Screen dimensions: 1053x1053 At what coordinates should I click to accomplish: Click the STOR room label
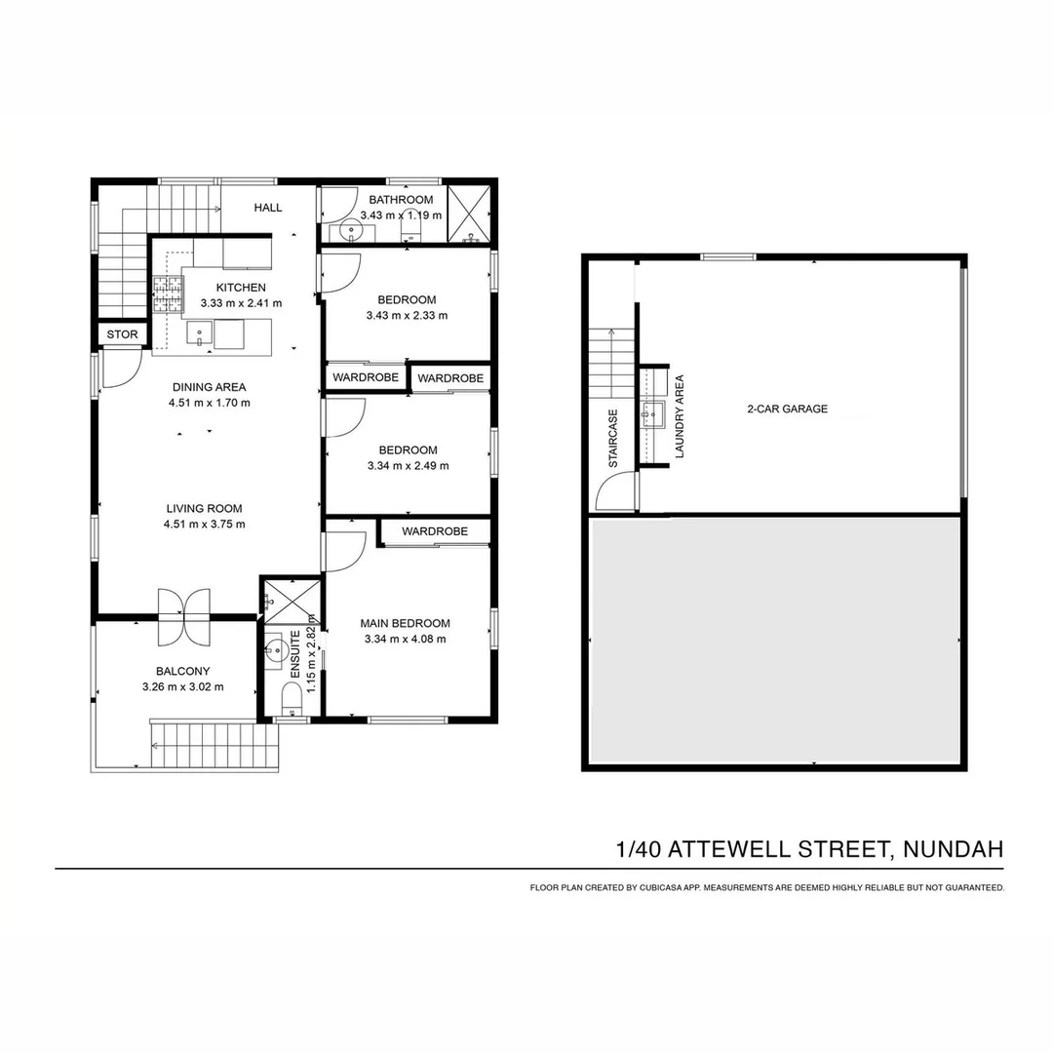pos(123,334)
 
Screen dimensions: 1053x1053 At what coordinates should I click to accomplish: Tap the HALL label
pos(268,208)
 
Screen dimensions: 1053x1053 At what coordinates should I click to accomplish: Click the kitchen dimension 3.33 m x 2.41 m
pos(240,303)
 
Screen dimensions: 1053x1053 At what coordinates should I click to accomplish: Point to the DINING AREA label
pos(210,387)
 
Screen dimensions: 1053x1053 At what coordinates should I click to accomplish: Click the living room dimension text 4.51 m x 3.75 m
pos(205,524)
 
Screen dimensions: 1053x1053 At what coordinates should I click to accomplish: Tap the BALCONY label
pos(182,671)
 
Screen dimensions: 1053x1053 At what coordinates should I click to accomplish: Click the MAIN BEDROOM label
pos(405,624)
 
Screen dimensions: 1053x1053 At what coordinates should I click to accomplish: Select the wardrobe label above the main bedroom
pos(434,531)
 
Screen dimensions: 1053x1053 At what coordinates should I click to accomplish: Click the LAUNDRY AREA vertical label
pos(680,416)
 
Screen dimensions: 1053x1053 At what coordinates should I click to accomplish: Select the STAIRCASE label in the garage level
pos(613,439)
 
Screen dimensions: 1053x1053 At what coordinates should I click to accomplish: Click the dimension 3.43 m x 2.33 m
pos(407,315)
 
